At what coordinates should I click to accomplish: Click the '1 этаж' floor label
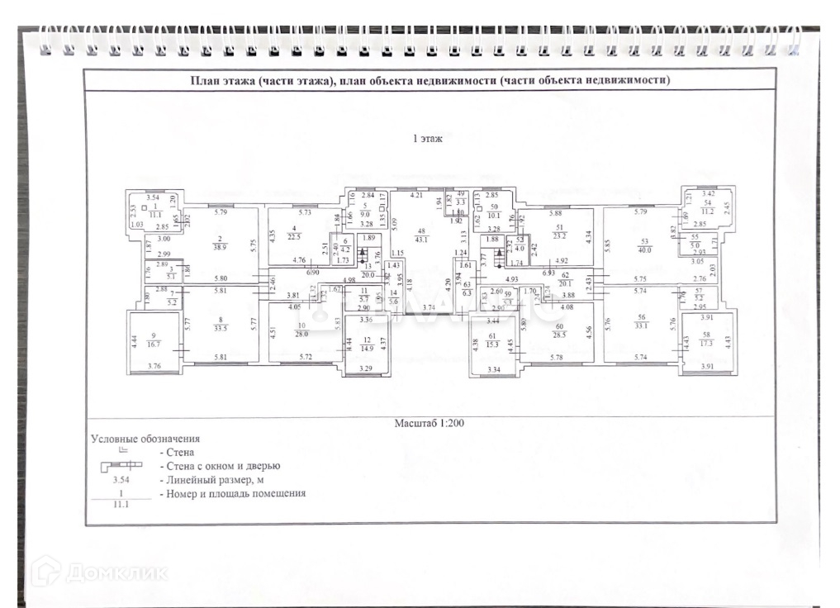pos(428,139)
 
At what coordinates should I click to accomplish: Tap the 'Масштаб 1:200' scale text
pos(429,422)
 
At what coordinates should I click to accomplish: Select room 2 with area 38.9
pos(219,243)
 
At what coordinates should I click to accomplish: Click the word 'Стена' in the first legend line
pos(180,453)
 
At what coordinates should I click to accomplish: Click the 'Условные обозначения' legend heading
pos(145,439)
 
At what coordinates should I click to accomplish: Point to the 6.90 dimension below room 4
pos(314,272)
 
